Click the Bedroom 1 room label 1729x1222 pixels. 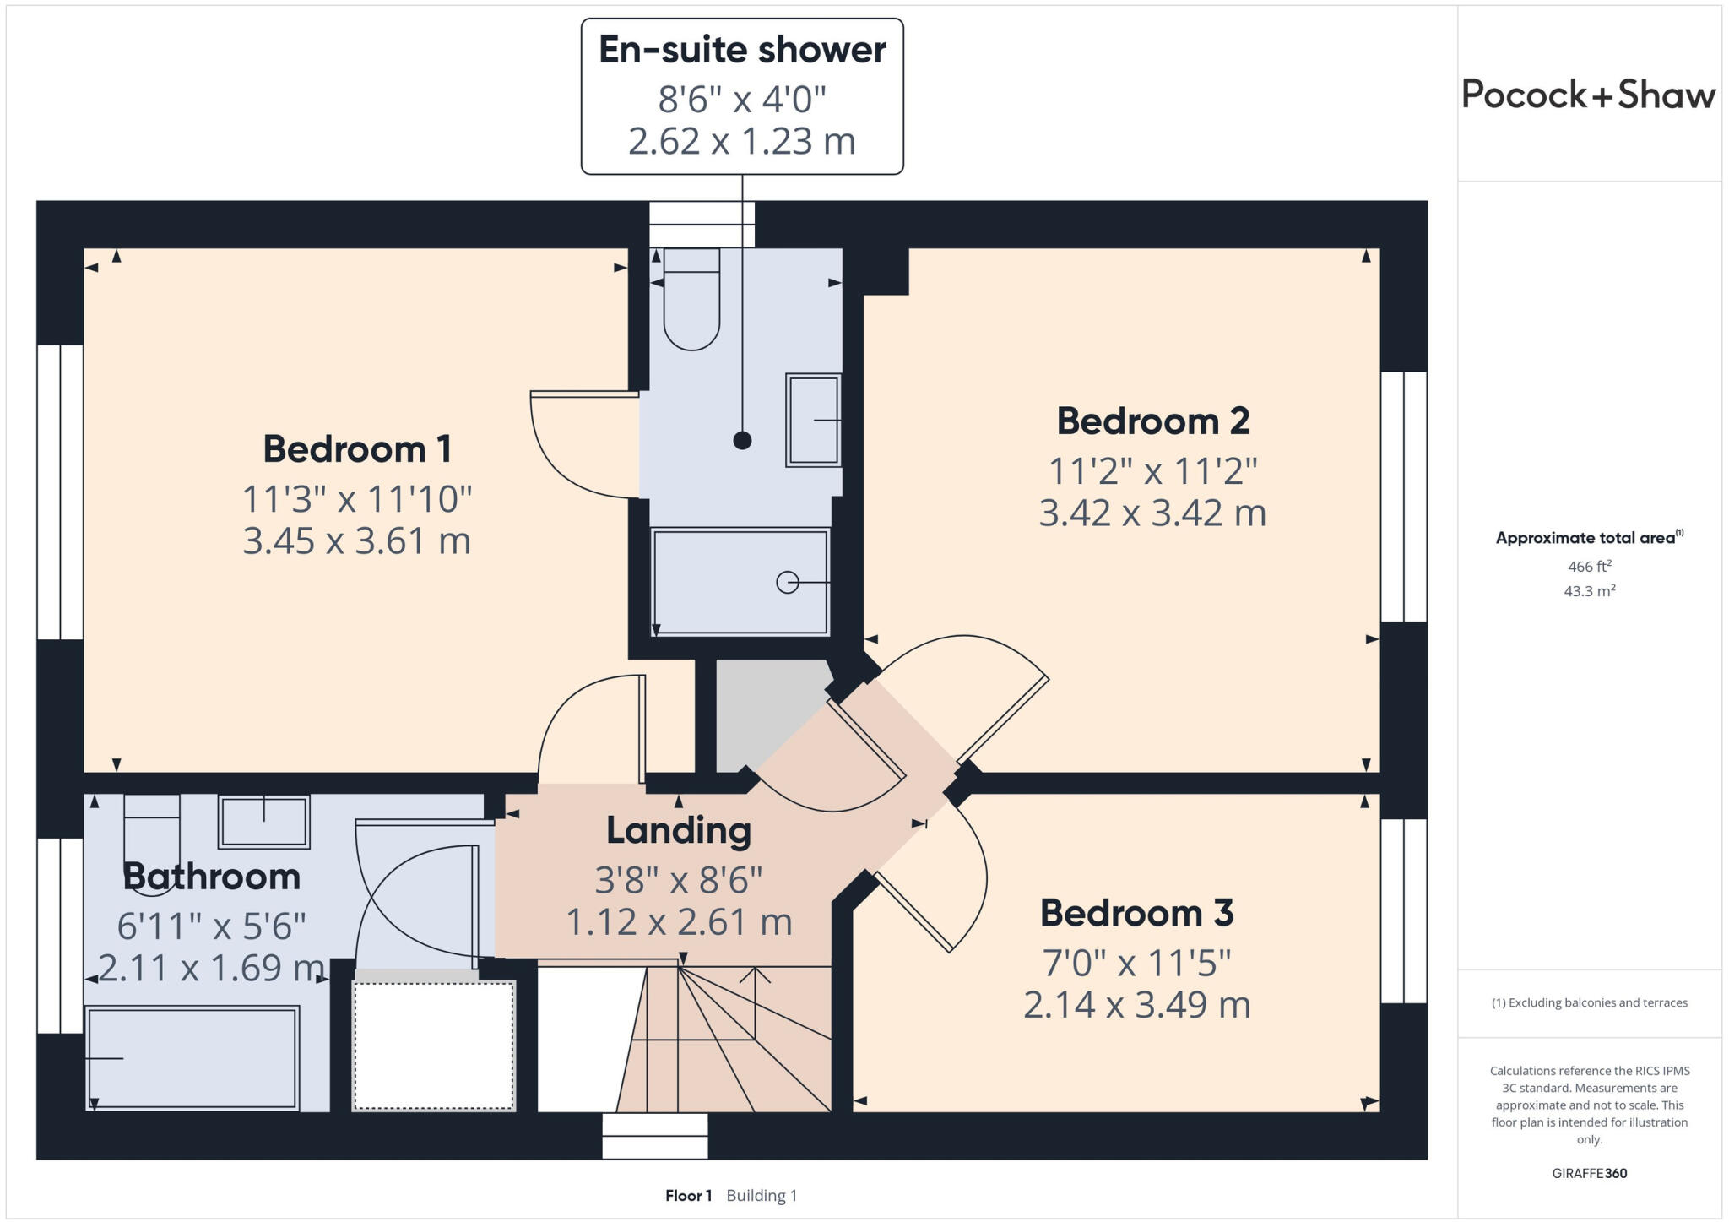coord(357,448)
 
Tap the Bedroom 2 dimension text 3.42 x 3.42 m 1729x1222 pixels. coord(1152,513)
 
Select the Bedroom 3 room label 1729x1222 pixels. coord(1136,913)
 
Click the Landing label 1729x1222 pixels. coord(679,830)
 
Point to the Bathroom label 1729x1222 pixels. coord(212,877)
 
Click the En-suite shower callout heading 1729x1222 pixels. coord(742,50)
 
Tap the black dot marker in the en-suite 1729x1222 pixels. coord(742,440)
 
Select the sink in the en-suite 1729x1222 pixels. coord(813,420)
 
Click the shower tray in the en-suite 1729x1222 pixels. coord(740,581)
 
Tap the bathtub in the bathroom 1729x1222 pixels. coord(192,1057)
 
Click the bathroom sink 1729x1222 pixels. coord(264,821)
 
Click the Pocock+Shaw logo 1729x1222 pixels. coord(1588,95)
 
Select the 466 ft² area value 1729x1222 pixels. coord(1589,567)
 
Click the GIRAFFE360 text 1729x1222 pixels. coord(1589,1173)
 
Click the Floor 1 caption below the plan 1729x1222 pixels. coord(688,1196)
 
